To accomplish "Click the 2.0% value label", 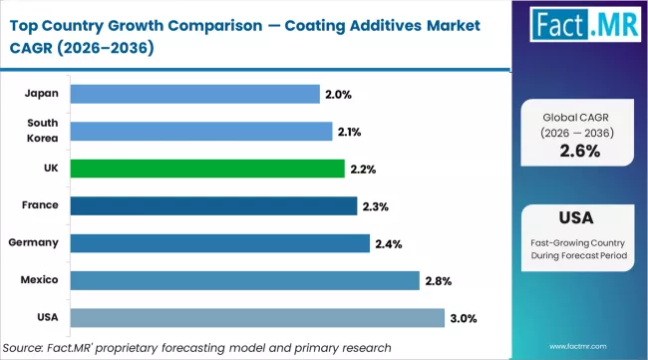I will tap(336, 95).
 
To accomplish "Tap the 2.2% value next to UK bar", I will tap(362, 170).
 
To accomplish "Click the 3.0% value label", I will tap(464, 318).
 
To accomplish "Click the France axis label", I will tap(41, 205).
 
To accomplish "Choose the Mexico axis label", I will tap(39, 280).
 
